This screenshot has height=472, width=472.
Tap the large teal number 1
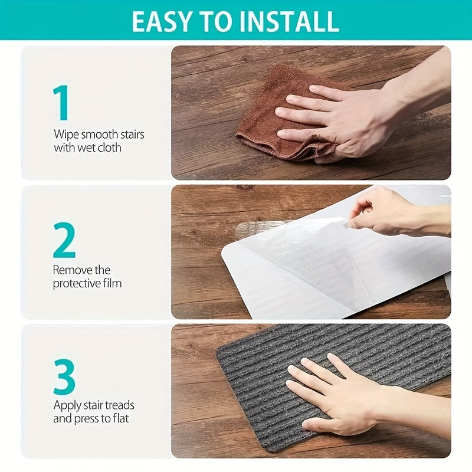pos(61,103)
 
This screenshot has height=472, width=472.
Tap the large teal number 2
pos(64,241)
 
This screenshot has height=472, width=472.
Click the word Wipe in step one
pos(65,135)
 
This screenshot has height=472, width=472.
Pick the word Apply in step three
pos(66,405)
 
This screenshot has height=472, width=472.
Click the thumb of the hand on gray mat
pos(319,424)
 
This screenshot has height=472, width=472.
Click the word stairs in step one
pos(128,135)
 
